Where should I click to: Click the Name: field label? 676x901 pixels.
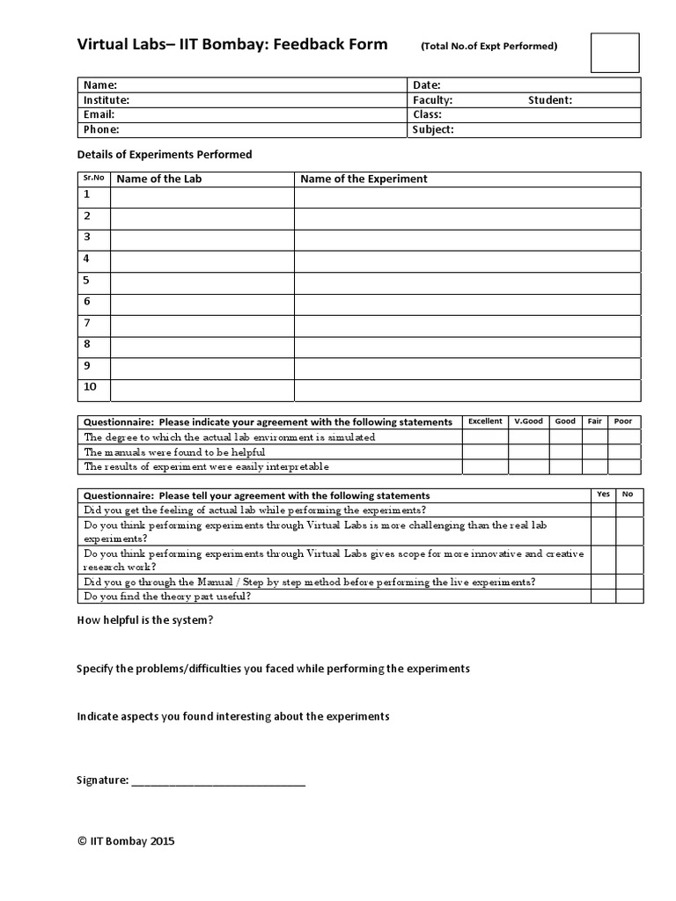click(100, 85)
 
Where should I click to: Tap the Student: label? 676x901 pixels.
click(550, 100)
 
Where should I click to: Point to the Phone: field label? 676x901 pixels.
click(101, 130)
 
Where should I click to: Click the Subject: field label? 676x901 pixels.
click(433, 130)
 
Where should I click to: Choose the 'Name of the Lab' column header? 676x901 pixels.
click(159, 179)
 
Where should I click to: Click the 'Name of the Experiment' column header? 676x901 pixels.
click(364, 179)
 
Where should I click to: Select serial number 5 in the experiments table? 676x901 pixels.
click(87, 281)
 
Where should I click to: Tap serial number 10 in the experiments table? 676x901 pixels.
click(91, 388)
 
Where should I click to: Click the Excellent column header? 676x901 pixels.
click(485, 421)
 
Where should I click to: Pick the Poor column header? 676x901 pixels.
click(623, 421)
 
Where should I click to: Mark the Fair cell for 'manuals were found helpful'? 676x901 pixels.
click(595, 452)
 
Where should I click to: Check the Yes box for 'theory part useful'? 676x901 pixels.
click(603, 597)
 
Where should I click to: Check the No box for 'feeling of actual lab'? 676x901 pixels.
click(628, 510)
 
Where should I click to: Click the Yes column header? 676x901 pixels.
click(603, 494)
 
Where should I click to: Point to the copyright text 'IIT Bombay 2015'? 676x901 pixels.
click(127, 841)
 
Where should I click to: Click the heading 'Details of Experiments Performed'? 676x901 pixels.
click(165, 155)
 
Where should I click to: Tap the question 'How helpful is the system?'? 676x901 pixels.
click(145, 621)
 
